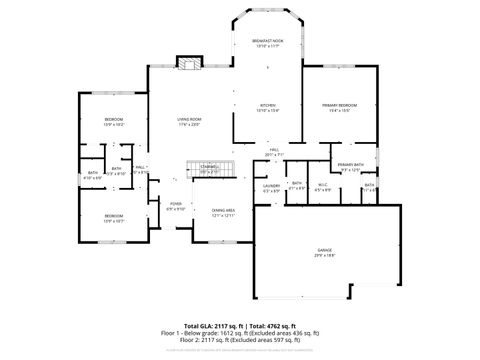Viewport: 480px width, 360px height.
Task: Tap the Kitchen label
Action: tap(267, 106)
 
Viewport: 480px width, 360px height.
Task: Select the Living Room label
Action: tap(190, 121)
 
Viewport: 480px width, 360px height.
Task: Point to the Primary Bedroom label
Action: tap(340, 107)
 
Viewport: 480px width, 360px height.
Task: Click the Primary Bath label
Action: tap(351, 165)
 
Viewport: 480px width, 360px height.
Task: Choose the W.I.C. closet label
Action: tap(323, 185)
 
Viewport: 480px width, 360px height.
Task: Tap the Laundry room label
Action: tap(270, 186)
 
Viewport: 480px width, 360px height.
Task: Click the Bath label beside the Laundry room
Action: tap(296, 185)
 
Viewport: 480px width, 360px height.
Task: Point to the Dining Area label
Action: tap(222, 213)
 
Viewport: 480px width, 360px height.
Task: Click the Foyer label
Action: tap(175, 207)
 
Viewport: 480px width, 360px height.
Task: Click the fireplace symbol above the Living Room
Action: tap(188, 64)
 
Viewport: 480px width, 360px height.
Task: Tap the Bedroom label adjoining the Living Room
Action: tap(113, 122)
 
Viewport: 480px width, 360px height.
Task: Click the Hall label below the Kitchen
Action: tap(273, 151)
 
